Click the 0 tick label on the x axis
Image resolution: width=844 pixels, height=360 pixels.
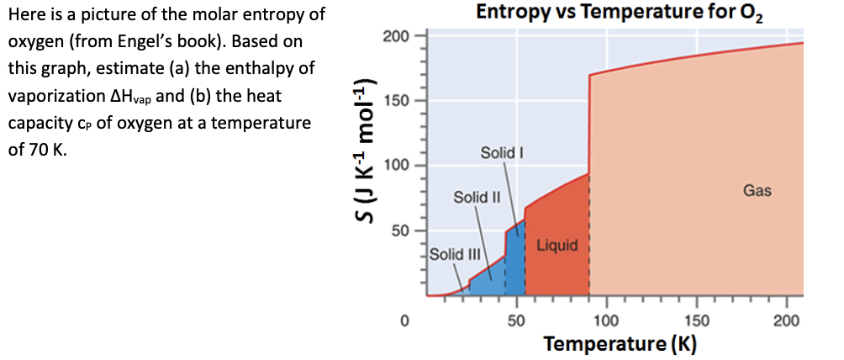pyautogui.click(x=404, y=320)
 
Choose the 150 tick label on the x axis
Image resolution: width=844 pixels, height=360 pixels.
pyautogui.click(x=697, y=320)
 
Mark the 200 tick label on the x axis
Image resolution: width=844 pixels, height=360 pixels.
pyautogui.click(x=788, y=320)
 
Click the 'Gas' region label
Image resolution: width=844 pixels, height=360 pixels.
pyautogui.click(x=757, y=192)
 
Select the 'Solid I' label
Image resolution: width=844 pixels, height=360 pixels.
pyautogui.click(x=502, y=153)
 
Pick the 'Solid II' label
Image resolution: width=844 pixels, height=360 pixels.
pyautogui.click(x=477, y=198)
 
